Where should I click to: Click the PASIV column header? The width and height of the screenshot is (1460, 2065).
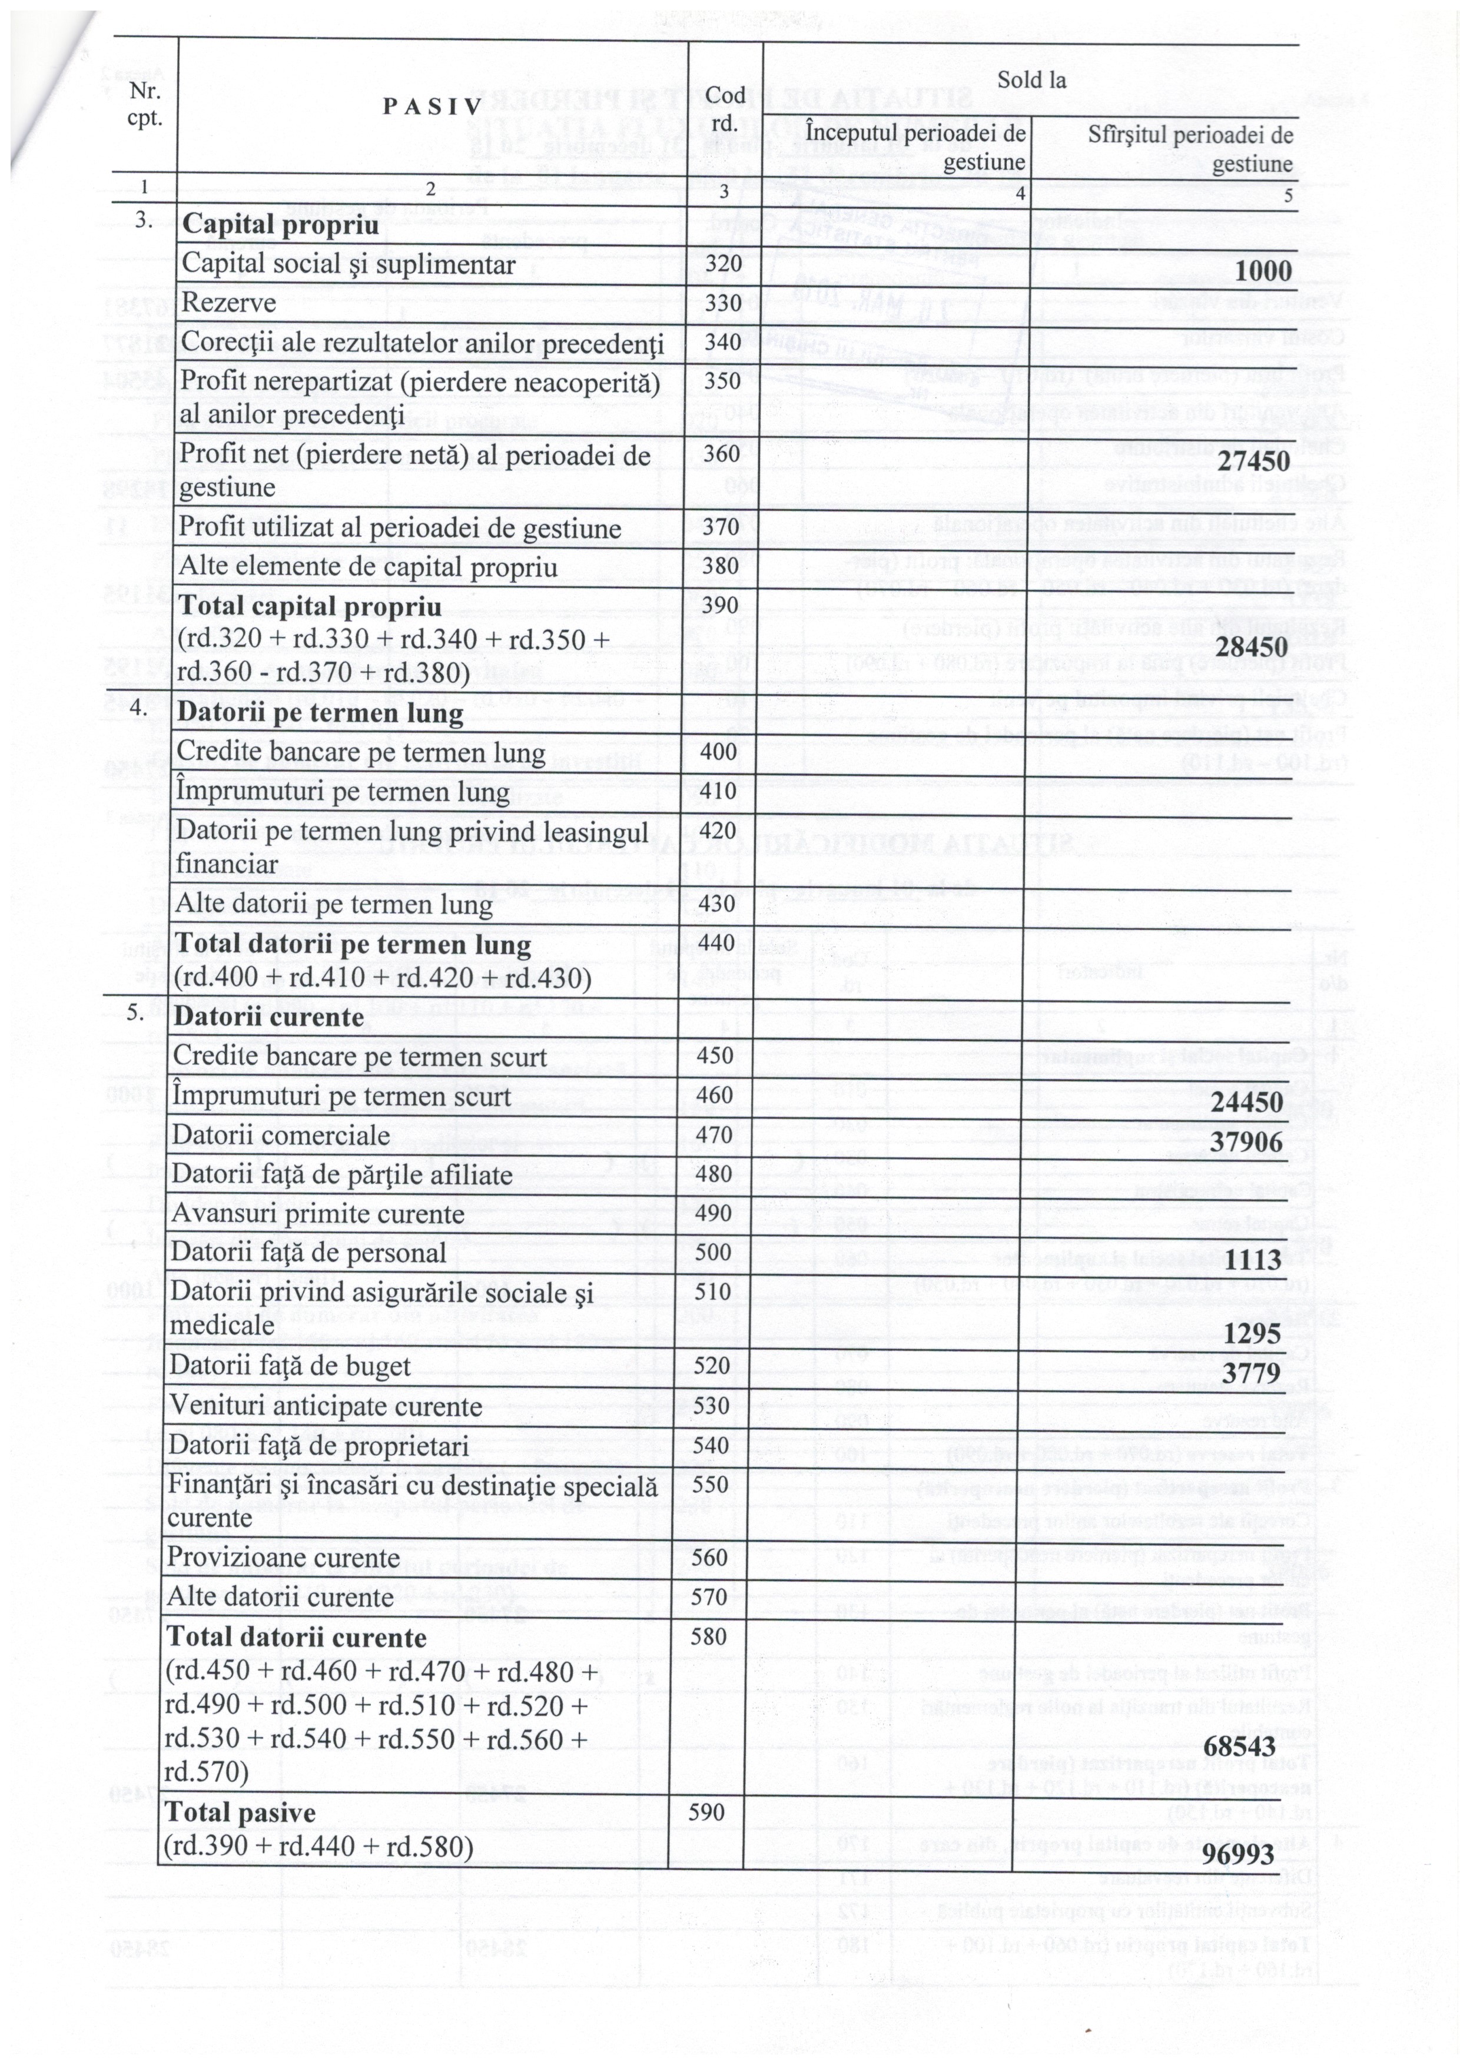tap(432, 106)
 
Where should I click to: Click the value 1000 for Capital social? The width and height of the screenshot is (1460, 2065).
tap(1262, 271)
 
